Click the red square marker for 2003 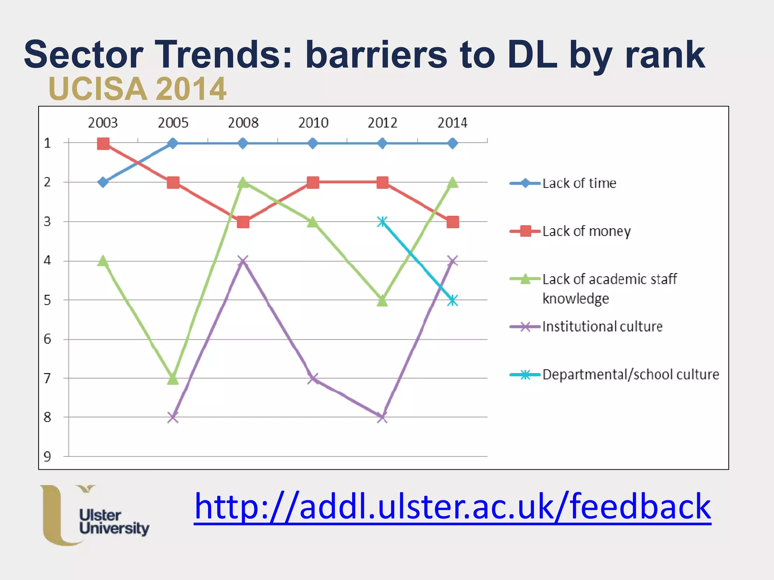tap(103, 143)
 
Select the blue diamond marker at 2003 tap(103, 182)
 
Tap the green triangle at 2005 tap(173, 378)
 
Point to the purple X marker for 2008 tap(243, 261)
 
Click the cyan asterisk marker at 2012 tap(382, 222)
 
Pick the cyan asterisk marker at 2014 tap(452, 301)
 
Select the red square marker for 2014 tap(452, 222)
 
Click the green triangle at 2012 tap(382, 301)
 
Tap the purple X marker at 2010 tap(313, 378)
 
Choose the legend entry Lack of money tap(586, 231)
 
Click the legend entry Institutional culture tap(602, 327)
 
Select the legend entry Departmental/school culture tap(630, 375)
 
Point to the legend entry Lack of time tap(579, 183)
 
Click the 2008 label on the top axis tap(243, 123)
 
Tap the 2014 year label tap(452, 123)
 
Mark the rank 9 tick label tap(47, 457)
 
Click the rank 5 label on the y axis tap(47, 301)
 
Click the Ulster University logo tap(94, 515)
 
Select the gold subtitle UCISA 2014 tap(137, 89)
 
